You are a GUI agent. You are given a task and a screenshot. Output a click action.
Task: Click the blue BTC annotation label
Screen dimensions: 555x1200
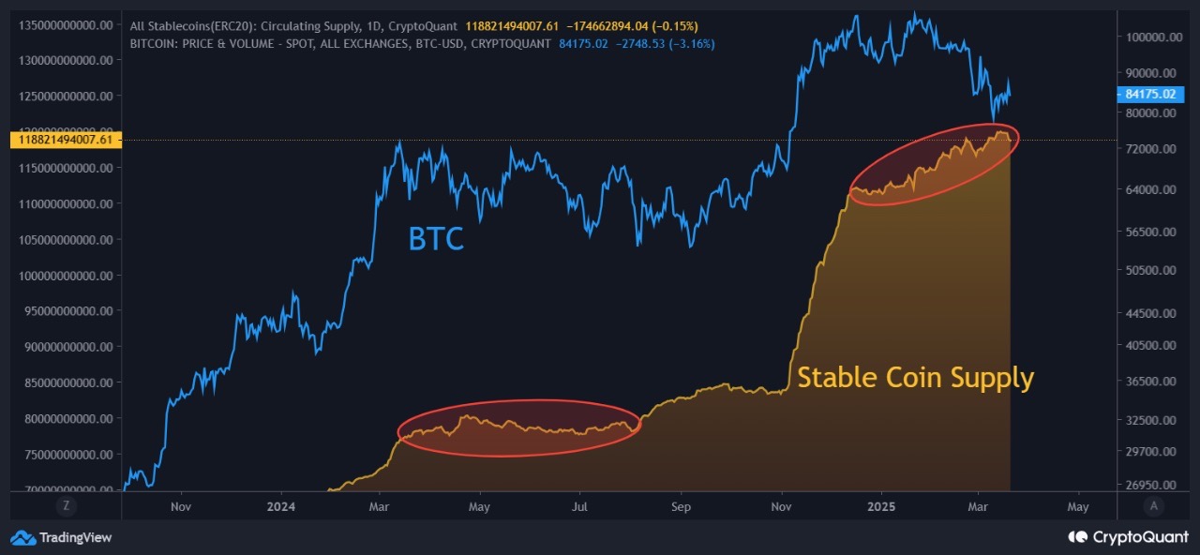pos(436,239)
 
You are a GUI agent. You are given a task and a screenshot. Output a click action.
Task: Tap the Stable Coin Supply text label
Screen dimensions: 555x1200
pos(915,378)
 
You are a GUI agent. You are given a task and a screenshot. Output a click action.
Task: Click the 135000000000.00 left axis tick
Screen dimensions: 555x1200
pos(66,24)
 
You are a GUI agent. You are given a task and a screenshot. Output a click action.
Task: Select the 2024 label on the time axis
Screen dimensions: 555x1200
pos(280,507)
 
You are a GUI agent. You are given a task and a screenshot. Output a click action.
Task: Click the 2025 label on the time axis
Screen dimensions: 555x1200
pos(880,507)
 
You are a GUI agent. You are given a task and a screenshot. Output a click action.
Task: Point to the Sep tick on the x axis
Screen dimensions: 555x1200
pos(681,507)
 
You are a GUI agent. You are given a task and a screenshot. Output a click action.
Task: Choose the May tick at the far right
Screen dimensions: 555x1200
pos(1078,507)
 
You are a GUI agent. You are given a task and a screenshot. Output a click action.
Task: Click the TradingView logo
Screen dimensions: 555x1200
pos(61,537)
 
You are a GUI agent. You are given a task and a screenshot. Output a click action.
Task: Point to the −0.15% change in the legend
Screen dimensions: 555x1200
pos(677,24)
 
